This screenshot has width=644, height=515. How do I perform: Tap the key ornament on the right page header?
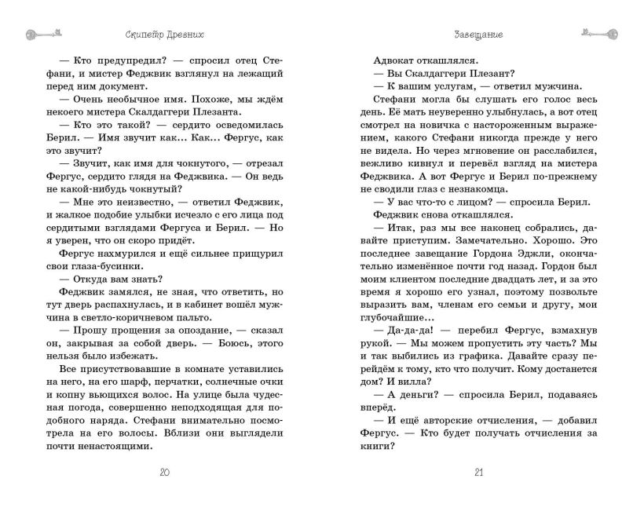[x=602, y=33]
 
